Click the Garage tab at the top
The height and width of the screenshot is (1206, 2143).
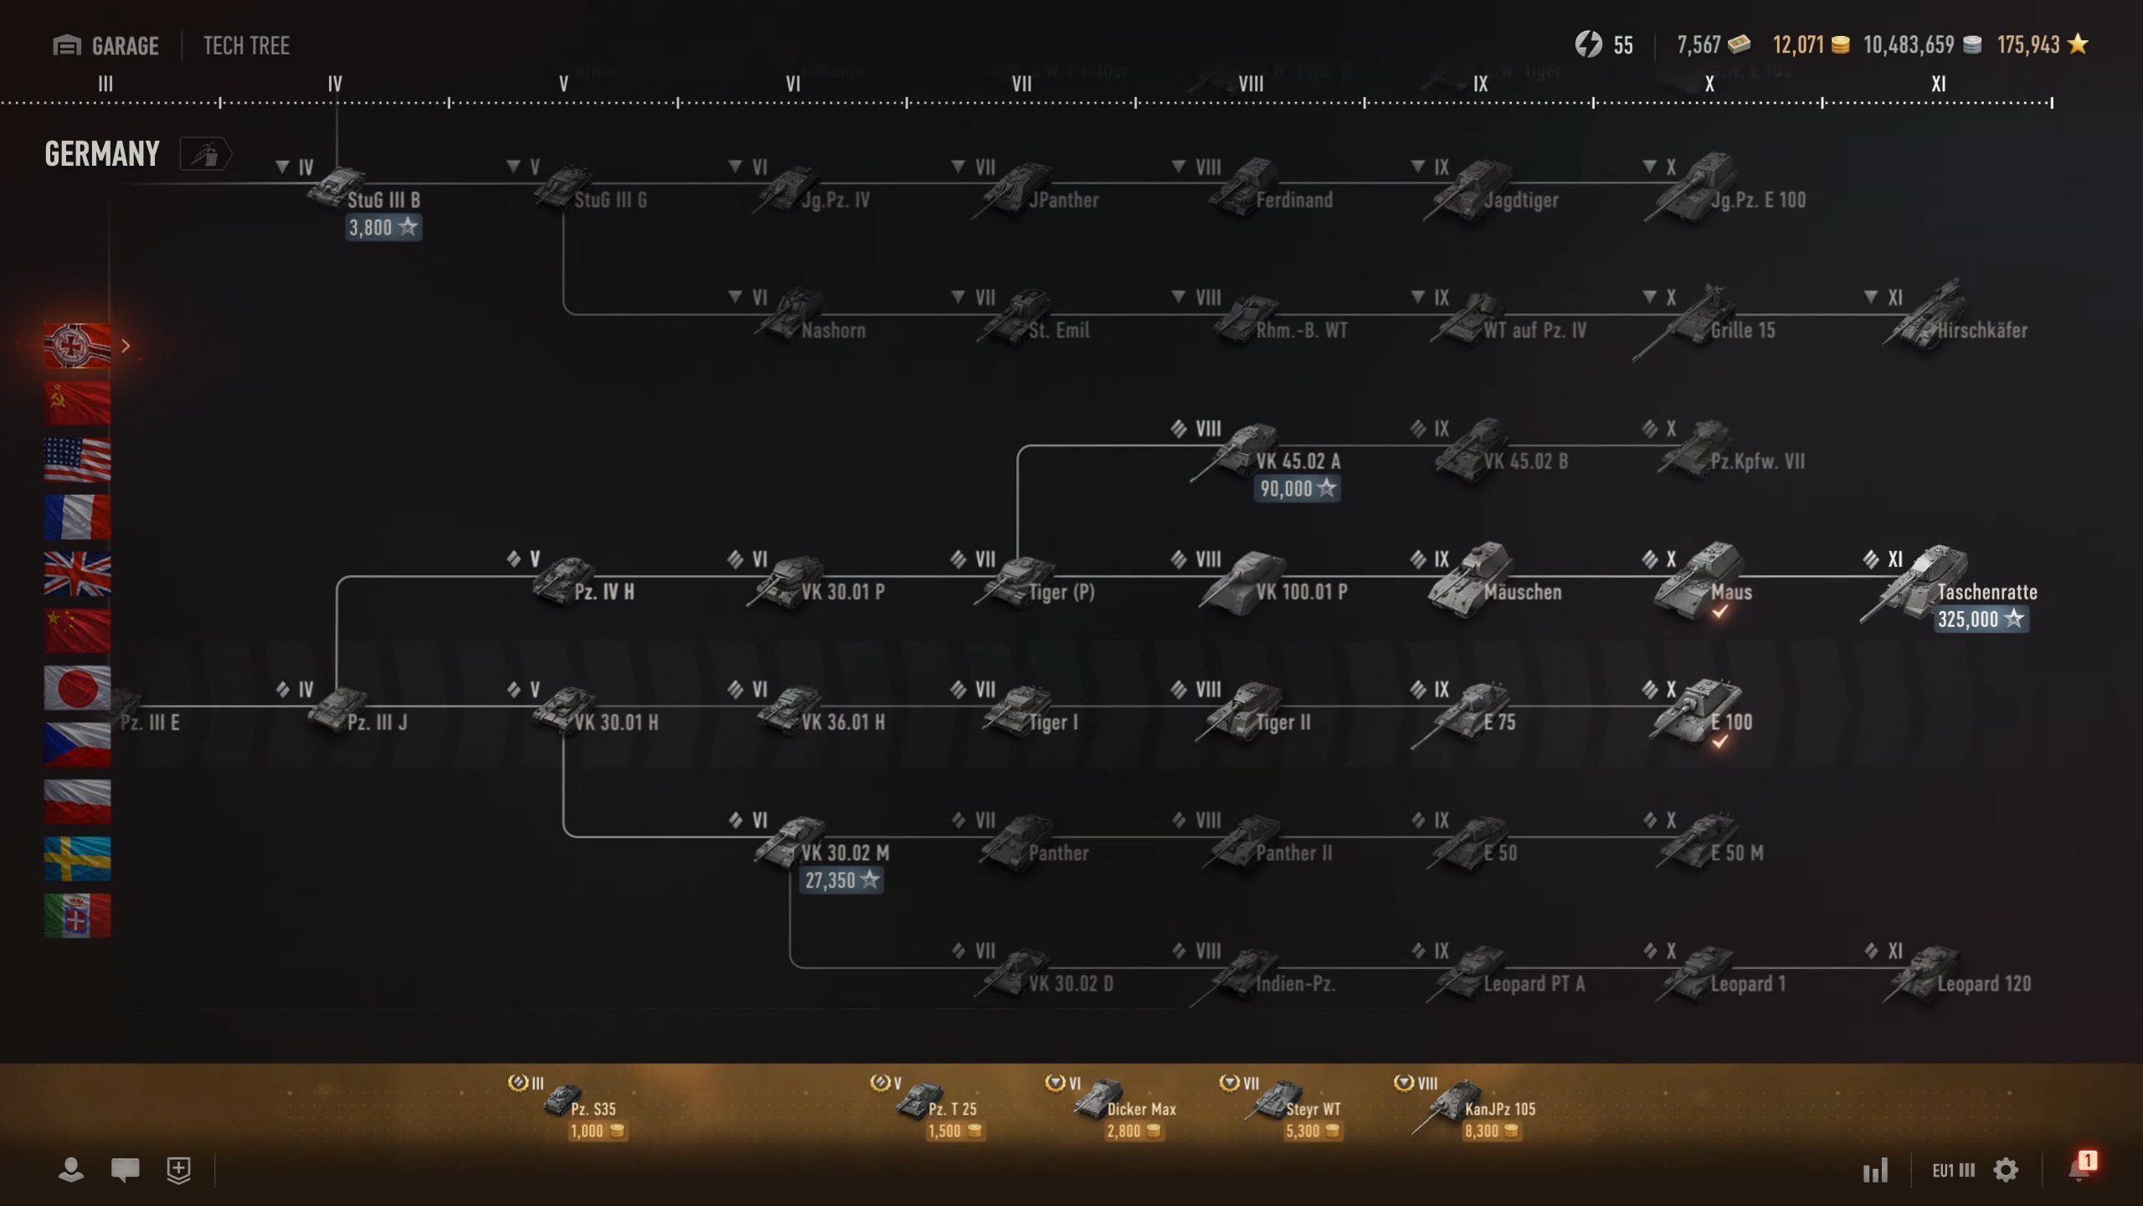coord(106,45)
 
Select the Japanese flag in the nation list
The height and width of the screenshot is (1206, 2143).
coord(77,688)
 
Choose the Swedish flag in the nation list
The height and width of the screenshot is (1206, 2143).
coord(77,858)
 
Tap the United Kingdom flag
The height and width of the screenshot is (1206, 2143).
coord(77,574)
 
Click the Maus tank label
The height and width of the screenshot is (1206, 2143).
coord(1730,592)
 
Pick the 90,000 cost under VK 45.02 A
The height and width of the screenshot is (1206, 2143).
coord(1296,489)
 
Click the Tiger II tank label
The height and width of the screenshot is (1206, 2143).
coord(1282,722)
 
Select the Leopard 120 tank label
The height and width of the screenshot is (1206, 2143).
coord(1983,984)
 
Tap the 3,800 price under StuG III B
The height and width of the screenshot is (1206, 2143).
coord(383,228)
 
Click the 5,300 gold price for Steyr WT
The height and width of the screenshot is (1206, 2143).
coord(1312,1131)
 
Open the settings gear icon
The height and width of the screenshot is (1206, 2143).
coord(2006,1170)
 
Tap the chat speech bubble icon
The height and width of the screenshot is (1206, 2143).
coord(125,1169)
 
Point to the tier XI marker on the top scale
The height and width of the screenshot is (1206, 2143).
coord(1938,84)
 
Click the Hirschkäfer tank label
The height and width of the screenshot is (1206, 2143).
coord(1981,331)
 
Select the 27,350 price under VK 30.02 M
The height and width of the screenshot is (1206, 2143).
coord(840,881)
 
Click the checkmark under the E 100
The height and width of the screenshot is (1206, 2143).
coord(1719,742)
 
